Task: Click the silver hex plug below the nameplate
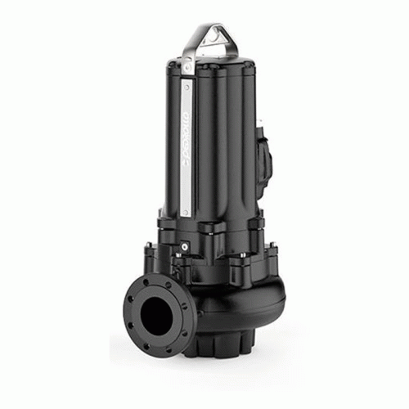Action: tap(186, 244)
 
